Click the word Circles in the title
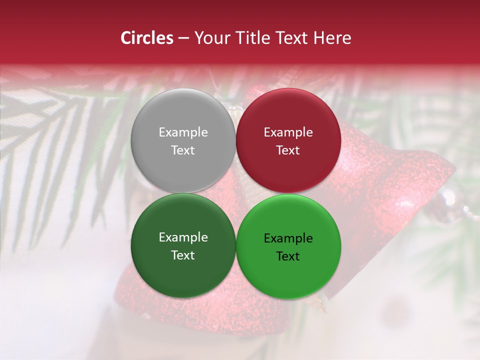tap(146, 38)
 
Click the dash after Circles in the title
tap(183, 38)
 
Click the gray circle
tap(183, 140)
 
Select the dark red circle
tap(288, 140)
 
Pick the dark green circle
tap(183, 245)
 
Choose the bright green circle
tap(288, 246)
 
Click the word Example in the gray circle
tap(183, 132)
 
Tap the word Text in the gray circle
tap(183, 150)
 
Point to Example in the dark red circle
tap(288, 132)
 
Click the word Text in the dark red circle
tap(288, 150)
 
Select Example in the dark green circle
tap(183, 237)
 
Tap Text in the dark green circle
tap(183, 255)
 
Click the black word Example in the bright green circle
tap(288, 238)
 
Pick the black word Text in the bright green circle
tap(288, 256)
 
